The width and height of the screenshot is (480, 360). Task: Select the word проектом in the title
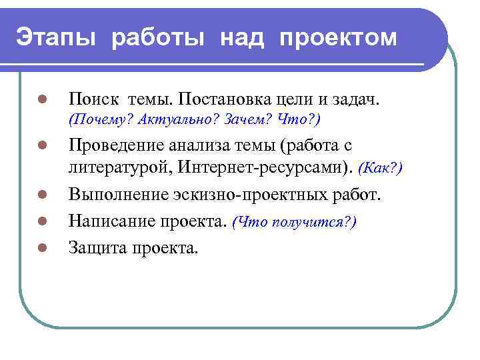[339, 37]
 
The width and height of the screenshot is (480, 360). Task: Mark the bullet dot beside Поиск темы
[41, 100]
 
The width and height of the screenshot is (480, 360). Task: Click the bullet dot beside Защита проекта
[41, 248]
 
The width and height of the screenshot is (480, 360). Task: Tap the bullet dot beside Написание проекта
[41, 223]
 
